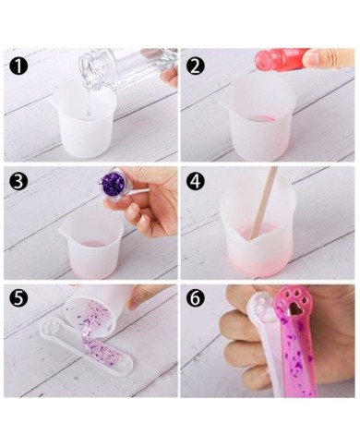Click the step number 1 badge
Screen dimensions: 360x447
(19, 66)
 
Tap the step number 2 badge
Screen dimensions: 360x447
(195, 66)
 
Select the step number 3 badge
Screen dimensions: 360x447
(19, 182)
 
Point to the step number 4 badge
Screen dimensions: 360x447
(195, 182)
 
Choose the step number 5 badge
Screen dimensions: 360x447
(19, 297)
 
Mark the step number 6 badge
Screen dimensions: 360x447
(195, 297)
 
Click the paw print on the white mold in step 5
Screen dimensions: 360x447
(50, 328)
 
